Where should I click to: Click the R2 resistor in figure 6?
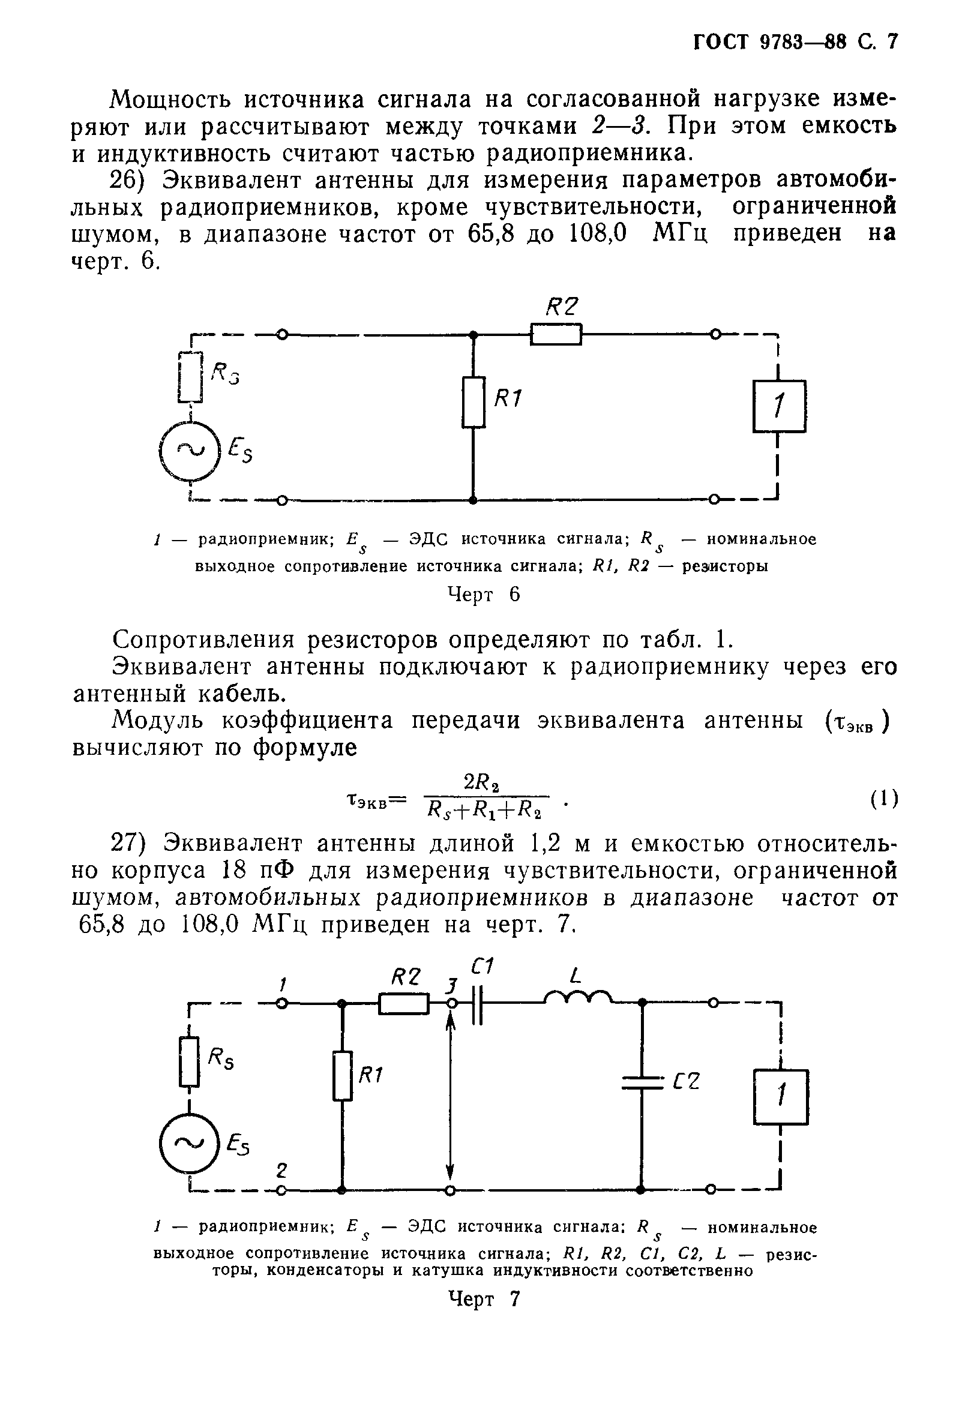(x=556, y=334)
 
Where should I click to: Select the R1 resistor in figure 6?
(x=473, y=402)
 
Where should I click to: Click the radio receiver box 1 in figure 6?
(x=779, y=406)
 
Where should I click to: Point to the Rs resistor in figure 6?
(x=190, y=377)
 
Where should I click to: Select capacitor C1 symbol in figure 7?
(x=478, y=1004)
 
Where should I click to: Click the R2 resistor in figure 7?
(x=403, y=1004)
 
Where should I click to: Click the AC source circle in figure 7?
(x=189, y=1144)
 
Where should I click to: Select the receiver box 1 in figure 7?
(x=780, y=1097)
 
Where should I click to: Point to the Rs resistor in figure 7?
(x=190, y=1062)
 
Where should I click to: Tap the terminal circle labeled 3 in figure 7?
(x=450, y=1004)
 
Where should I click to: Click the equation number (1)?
(x=884, y=799)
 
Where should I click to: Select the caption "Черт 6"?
(x=484, y=595)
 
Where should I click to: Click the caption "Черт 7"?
(x=484, y=1299)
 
